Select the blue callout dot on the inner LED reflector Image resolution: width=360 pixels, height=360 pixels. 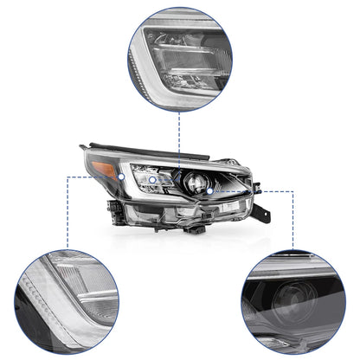pyautogui.click(x=180, y=170)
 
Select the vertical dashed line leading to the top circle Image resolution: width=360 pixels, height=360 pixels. pyautogui.click(x=180, y=130)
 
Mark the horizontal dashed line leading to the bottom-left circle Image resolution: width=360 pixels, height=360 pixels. pyautogui.click(x=87, y=178)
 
